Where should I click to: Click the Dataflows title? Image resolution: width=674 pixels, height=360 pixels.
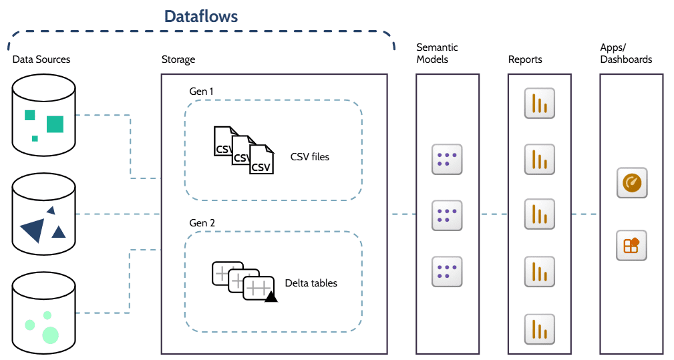tap(201, 17)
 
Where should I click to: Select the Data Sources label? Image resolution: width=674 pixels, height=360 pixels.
tap(41, 59)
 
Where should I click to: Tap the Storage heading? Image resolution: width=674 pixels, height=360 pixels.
tap(178, 59)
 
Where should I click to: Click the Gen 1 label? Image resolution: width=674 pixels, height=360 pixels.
tap(202, 91)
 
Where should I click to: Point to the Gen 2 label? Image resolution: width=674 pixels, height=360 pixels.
tap(202, 222)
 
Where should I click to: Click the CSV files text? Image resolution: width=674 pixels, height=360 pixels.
tap(310, 158)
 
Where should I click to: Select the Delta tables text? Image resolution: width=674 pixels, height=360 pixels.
tap(311, 283)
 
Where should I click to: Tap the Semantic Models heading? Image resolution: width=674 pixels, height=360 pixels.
tap(437, 53)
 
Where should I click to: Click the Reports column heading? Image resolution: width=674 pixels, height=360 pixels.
tap(525, 59)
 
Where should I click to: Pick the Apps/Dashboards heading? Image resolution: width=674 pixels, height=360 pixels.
tap(626, 53)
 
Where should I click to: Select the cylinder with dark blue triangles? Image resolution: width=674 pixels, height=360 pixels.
tap(44, 216)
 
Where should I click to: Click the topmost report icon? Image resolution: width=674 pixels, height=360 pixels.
tap(540, 104)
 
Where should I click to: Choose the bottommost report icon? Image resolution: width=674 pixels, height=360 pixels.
tap(540, 329)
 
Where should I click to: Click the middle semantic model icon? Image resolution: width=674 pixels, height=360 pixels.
tap(447, 214)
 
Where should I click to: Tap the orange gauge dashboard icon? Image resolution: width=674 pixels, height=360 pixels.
tap(631, 182)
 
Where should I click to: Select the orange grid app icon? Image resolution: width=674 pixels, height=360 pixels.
tap(631, 245)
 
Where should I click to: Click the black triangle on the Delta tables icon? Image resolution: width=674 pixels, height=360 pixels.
tap(271, 297)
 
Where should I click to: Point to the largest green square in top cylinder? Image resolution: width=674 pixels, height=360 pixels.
tap(55, 124)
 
